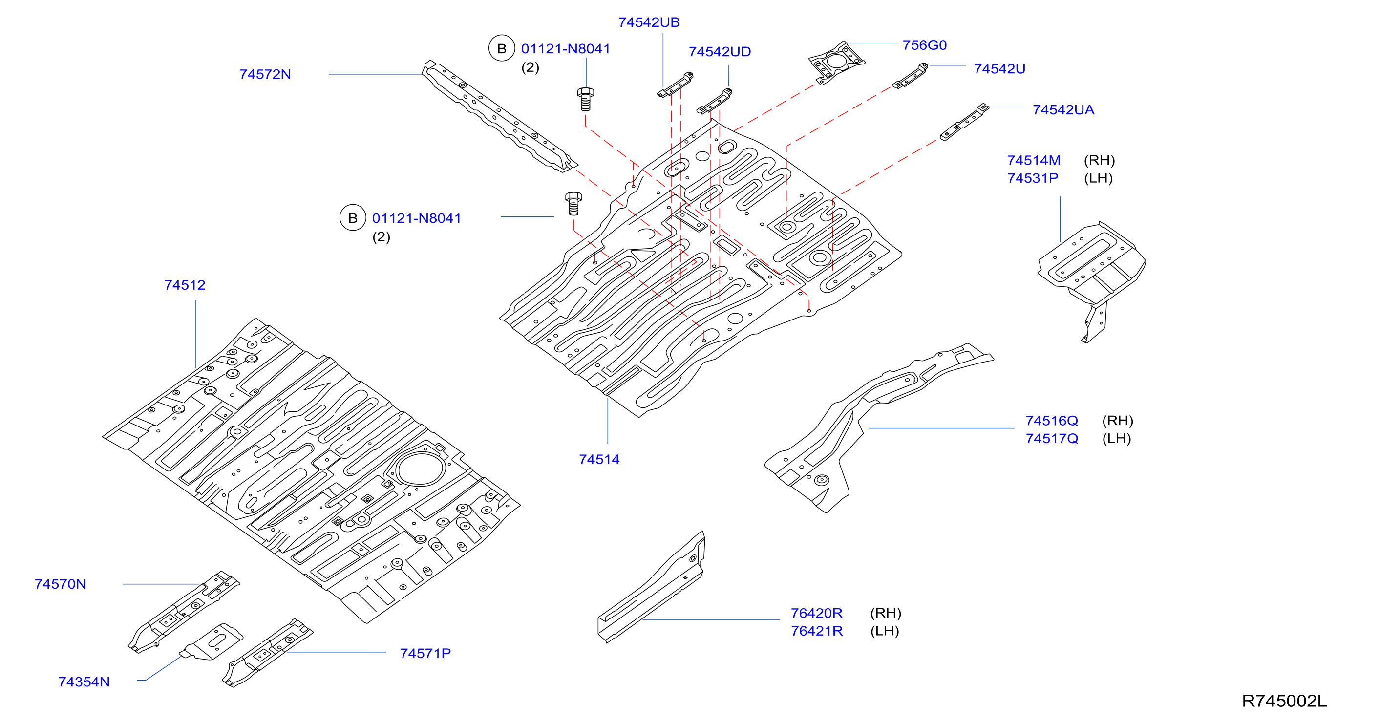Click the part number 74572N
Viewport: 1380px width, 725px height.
(265, 74)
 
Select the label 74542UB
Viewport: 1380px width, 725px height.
(649, 22)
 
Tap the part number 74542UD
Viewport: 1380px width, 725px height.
(720, 52)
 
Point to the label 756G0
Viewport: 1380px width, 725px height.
(925, 45)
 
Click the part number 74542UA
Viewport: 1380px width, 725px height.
(1063, 110)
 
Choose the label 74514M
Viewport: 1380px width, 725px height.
(1033, 160)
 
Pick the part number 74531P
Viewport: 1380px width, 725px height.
(1032, 178)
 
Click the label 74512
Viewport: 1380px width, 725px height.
(185, 285)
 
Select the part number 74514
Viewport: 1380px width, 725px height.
(599, 459)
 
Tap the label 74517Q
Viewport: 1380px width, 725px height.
(1052, 438)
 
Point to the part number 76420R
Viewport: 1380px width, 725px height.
(816, 613)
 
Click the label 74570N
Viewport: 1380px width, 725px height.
(61, 584)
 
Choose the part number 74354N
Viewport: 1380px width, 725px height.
(84, 682)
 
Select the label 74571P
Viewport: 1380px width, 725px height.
(425, 653)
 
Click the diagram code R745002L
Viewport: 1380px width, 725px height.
(1284, 701)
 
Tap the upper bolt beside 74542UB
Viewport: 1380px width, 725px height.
(585, 99)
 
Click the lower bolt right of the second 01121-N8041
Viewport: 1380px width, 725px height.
(573, 204)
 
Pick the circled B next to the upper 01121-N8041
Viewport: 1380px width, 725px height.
(501, 49)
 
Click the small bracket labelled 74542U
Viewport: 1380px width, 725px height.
(910, 76)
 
